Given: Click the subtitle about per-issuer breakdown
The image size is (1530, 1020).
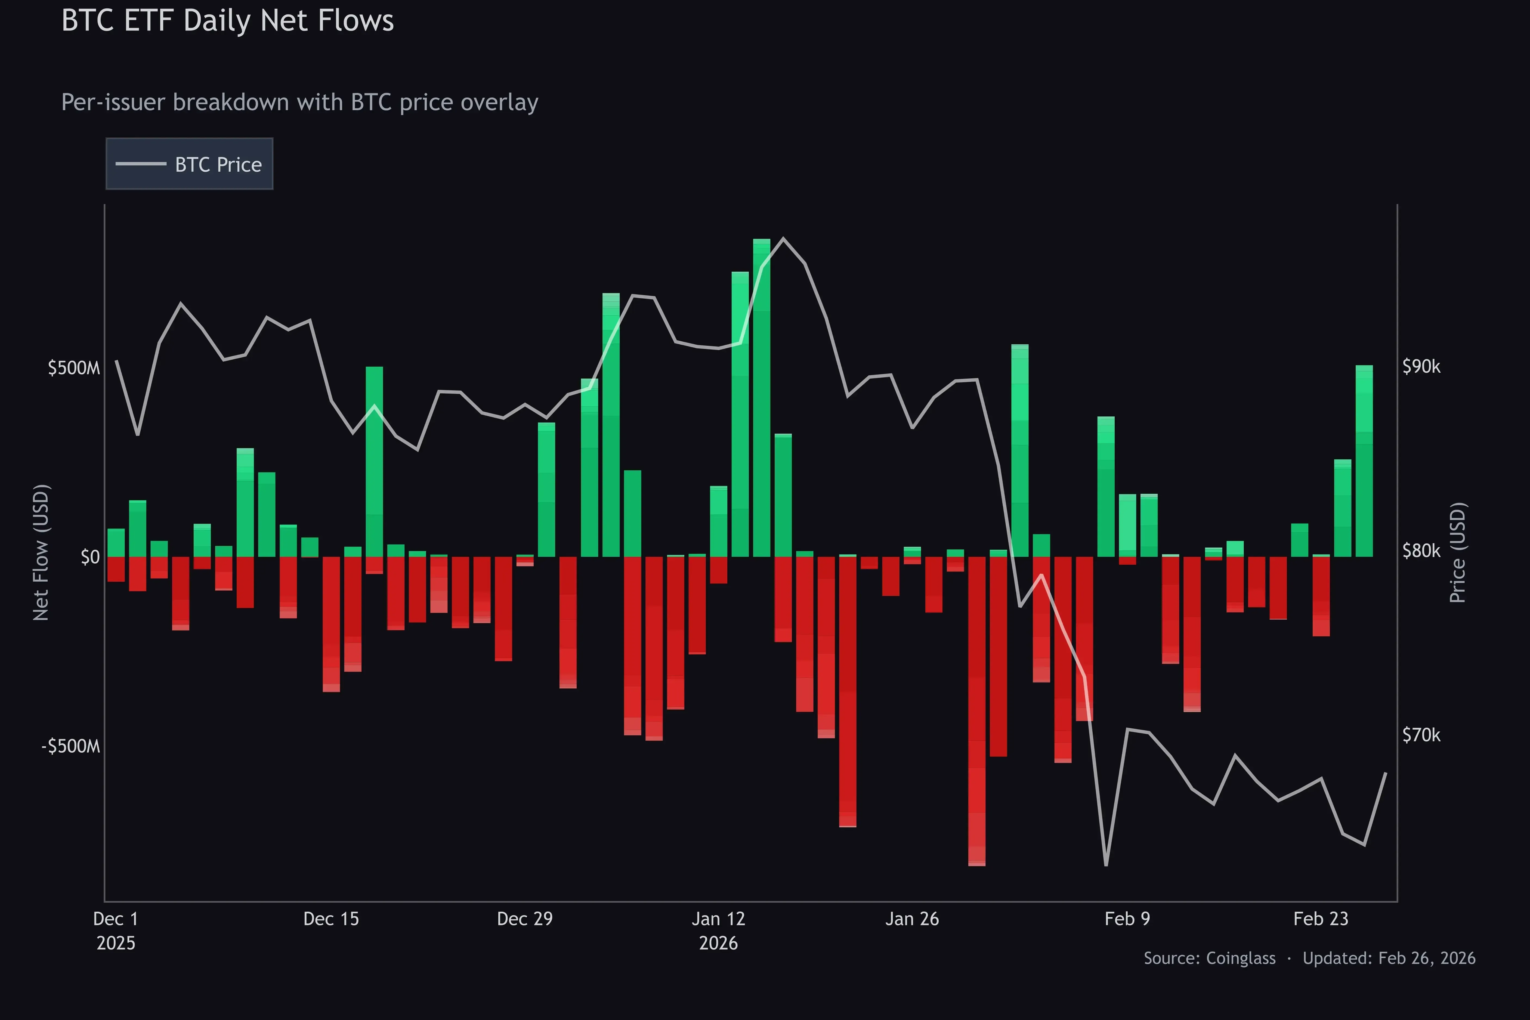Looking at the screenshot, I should (x=299, y=102).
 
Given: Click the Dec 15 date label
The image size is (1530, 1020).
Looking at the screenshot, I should (x=331, y=919).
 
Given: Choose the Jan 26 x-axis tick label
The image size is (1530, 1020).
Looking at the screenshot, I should (x=912, y=919).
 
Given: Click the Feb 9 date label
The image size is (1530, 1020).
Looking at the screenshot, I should (x=1127, y=919).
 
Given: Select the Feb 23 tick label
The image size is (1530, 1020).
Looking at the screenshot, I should (x=1321, y=919).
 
